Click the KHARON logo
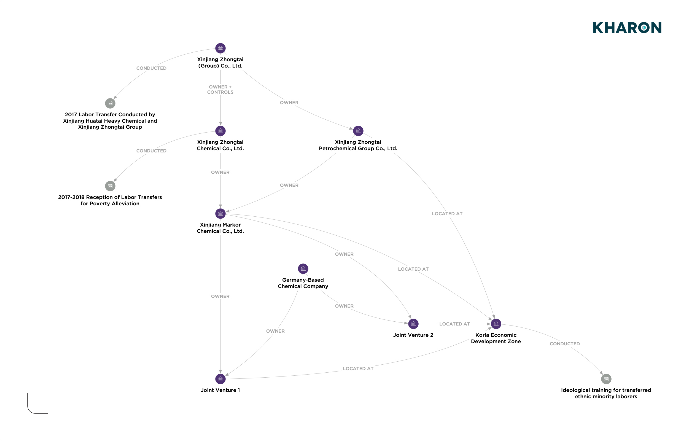click(x=627, y=28)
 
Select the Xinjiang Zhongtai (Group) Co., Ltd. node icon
click(x=220, y=48)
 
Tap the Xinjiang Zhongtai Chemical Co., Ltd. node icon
click(x=220, y=131)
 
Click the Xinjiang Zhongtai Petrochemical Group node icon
click(x=358, y=131)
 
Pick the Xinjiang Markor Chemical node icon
click(x=220, y=214)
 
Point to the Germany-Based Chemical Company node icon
click(x=303, y=269)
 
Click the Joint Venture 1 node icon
click(x=220, y=379)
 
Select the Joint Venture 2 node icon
click(x=413, y=324)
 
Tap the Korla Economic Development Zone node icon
click(x=496, y=324)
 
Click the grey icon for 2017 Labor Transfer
click(x=110, y=103)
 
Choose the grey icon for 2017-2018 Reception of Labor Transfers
click(x=110, y=186)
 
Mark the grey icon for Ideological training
click(x=606, y=379)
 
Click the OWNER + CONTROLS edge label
click(x=220, y=89)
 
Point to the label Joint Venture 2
click(x=413, y=335)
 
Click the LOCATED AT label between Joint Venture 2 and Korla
click(x=454, y=324)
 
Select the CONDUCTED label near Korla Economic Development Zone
click(x=564, y=344)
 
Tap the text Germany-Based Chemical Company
click(x=303, y=283)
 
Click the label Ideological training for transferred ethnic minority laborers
click(x=606, y=393)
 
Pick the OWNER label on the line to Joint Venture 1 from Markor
click(x=220, y=296)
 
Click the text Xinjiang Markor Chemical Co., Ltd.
click(x=220, y=228)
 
